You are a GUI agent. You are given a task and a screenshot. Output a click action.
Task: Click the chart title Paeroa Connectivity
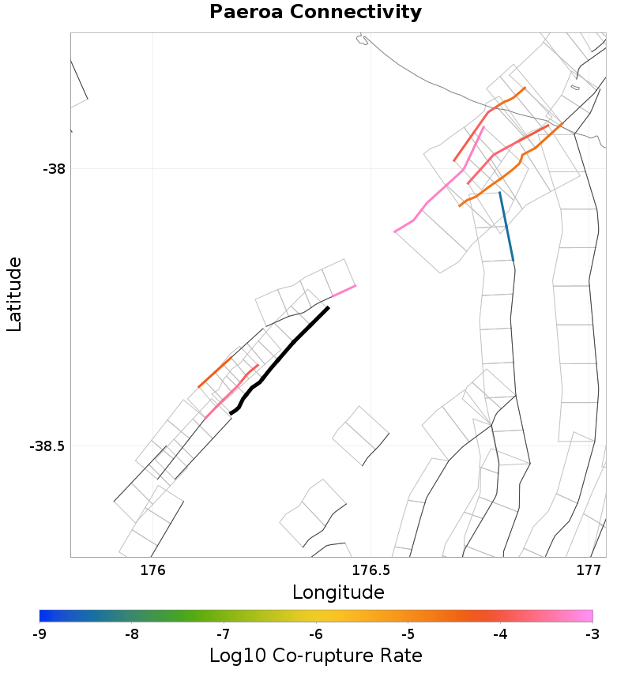coord(315,13)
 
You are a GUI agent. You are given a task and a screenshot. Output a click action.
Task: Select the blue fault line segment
coord(506,227)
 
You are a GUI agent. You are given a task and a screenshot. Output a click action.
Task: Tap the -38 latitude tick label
coord(53,169)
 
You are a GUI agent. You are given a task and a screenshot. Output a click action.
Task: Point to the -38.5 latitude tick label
coord(47,446)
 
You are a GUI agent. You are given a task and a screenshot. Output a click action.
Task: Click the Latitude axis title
coord(14,294)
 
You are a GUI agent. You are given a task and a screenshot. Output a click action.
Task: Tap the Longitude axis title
coord(338,592)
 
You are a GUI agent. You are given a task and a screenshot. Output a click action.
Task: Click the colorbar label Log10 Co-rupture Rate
coord(315,656)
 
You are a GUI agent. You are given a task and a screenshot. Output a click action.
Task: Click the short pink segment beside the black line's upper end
coord(343,291)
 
